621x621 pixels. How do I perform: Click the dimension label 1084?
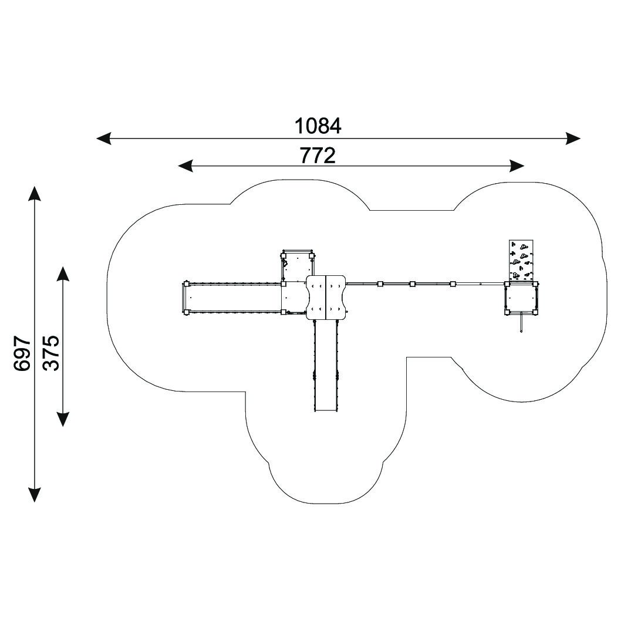click(x=318, y=126)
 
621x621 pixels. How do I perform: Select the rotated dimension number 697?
click(x=22, y=353)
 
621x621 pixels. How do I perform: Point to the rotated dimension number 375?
click(x=50, y=353)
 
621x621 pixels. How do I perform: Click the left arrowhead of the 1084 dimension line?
click(x=104, y=139)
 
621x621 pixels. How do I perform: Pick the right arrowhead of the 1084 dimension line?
click(x=573, y=139)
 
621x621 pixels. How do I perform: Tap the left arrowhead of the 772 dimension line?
click(x=185, y=166)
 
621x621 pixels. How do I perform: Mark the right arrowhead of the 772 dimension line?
click(x=517, y=166)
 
